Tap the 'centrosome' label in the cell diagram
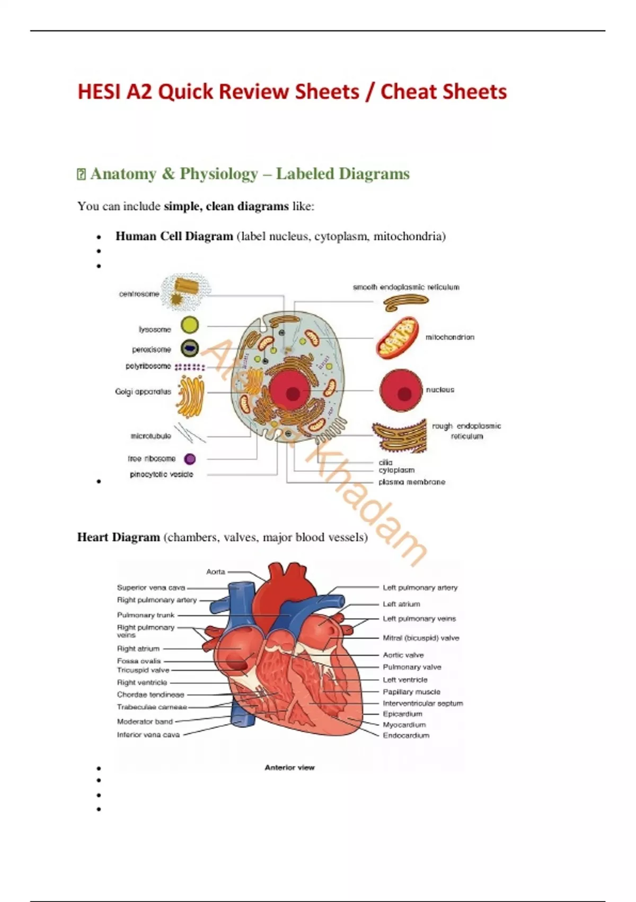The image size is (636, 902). tap(139, 294)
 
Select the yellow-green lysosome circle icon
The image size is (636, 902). tap(190, 325)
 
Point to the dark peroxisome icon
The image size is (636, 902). tap(190, 348)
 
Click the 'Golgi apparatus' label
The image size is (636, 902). tap(143, 392)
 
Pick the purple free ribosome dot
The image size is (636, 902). tap(190, 459)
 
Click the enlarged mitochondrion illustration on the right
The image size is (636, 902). tap(397, 337)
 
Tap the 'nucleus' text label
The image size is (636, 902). tap(440, 389)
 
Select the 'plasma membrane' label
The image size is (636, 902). tap(412, 482)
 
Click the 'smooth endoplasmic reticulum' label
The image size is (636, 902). tap(406, 287)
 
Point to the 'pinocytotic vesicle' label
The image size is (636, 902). tap(161, 474)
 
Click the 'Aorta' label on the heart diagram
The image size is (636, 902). tap(216, 571)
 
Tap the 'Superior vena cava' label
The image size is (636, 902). tap(151, 587)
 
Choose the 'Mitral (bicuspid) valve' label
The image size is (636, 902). tap(421, 638)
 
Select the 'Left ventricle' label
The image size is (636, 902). tap(405, 679)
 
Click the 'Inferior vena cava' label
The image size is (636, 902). tap(148, 735)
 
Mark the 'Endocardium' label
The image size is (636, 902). tap(406, 735)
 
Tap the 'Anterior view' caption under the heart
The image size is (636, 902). tap(289, 767)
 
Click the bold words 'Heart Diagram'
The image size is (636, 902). tap(119, 537)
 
